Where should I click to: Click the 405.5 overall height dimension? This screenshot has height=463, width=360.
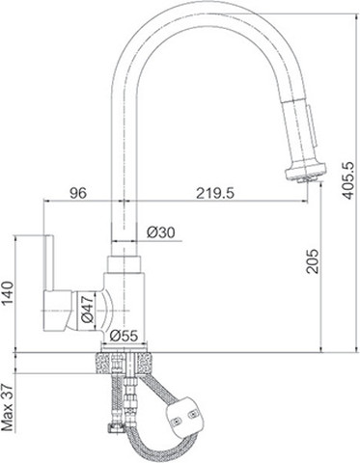348,180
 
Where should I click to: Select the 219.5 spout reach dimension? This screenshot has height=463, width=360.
215,193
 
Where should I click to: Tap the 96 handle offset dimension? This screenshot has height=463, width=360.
78,193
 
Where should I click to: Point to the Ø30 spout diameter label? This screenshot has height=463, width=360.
161,232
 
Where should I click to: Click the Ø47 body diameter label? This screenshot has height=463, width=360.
87,309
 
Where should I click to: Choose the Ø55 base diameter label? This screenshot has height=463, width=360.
124,337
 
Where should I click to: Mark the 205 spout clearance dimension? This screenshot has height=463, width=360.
313,261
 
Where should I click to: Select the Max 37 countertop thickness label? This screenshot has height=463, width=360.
8,407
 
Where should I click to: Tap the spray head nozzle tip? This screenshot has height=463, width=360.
307,178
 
